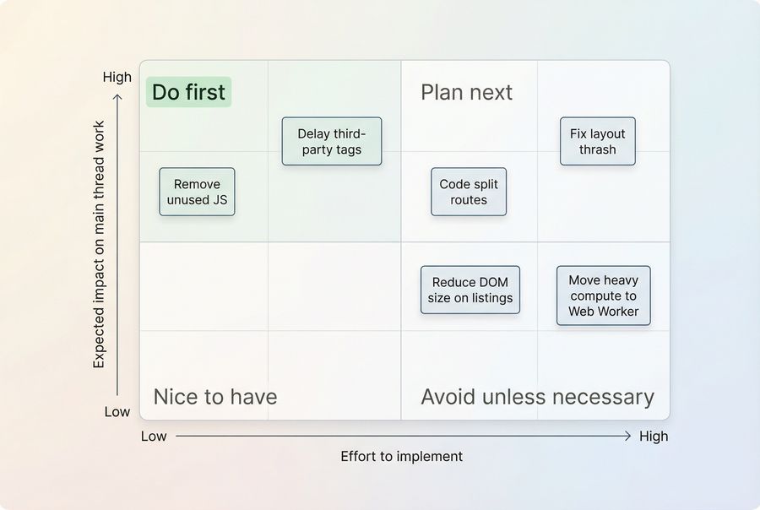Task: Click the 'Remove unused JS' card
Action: (197, 192)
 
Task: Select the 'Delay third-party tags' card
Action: (332, 141)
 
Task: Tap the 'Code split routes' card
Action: (469, 192)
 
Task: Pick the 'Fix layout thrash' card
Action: (598, 141)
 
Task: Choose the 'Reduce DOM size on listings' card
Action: (470, 290)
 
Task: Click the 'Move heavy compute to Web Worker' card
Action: (603, 296)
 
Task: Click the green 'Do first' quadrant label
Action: (188, 92)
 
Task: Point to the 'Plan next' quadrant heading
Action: (466, 92)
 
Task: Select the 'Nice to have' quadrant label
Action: (214, 397)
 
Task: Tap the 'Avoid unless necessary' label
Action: (537, 397)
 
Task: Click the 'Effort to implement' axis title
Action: (402, 457)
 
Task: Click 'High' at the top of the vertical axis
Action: (117, 77)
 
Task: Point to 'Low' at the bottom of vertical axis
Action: (117, 412)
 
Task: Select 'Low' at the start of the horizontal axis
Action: (154, 437)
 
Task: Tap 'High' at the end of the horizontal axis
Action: (654, 437)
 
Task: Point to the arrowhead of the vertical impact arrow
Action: (117, 96)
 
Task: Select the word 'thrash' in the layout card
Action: (598, 149)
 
